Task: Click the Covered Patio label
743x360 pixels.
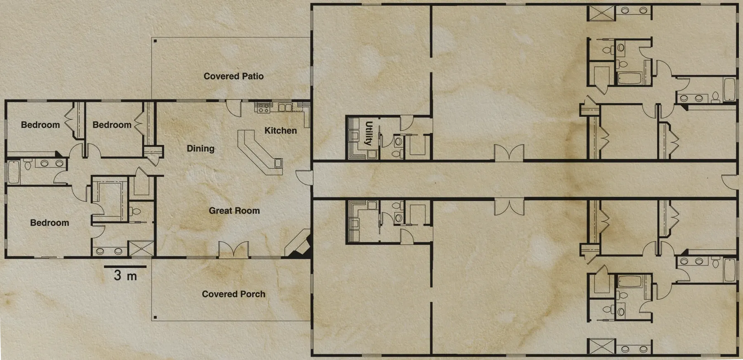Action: [234, 76]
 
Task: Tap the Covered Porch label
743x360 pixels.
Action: [234, 294]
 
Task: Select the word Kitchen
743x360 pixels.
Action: [281, 130]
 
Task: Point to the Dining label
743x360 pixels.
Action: [201, 149]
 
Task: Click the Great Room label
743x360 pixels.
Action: [234, 211]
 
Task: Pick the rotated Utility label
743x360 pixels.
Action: [369, 133]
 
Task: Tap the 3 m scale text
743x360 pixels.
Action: [125, 275]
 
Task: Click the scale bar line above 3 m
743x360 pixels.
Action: [125, 267]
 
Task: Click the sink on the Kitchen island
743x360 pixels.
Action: [278, 163]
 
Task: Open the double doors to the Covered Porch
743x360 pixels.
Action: [234, 250]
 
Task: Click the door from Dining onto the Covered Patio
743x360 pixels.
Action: [234, 108]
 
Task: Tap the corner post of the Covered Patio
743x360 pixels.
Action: [155, 40]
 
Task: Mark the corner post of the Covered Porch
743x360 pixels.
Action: [155, 317]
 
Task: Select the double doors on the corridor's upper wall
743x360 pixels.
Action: [509, 153]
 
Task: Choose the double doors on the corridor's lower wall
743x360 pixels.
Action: [509, 207]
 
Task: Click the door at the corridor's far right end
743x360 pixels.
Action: [730, 182]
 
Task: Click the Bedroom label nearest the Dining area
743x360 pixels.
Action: [112, 125]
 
